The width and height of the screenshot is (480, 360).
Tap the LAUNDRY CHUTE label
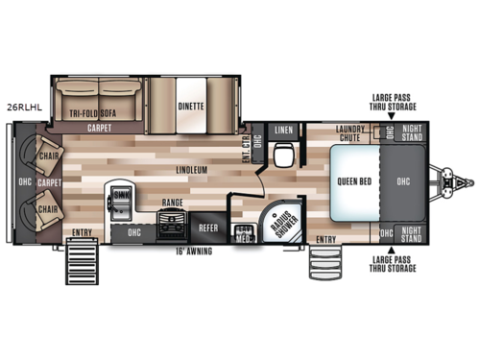tap(353, 133)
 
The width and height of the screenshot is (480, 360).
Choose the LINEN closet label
tap(285, 130)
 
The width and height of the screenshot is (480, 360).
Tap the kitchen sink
tap(121, 197)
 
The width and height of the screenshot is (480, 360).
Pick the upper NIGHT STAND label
tap(410, 133)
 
